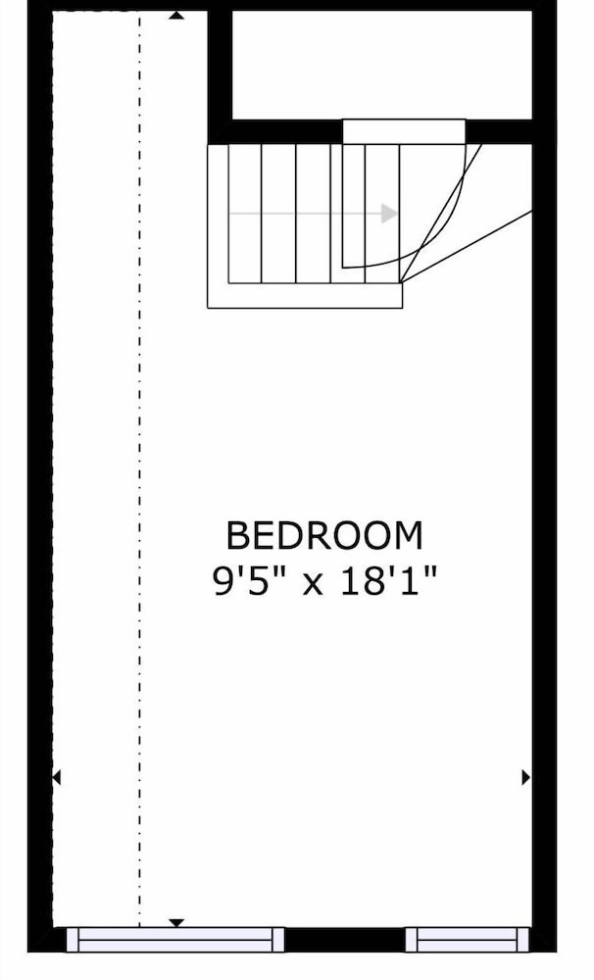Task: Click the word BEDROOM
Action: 323,536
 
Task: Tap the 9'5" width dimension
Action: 250,581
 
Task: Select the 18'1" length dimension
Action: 387,581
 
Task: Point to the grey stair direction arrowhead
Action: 389,214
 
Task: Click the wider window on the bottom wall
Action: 175,940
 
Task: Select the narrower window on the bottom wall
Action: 468,940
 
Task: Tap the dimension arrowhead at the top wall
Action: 177,15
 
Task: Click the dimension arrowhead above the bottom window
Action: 177,922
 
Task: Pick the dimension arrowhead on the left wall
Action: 56,777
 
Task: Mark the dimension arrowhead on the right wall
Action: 525,777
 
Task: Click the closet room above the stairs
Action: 382,65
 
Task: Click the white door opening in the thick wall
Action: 404,131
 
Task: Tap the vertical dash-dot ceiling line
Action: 139,468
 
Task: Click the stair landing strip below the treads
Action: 305,296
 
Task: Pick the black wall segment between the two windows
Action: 344,940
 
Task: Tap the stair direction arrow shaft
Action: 306,214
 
